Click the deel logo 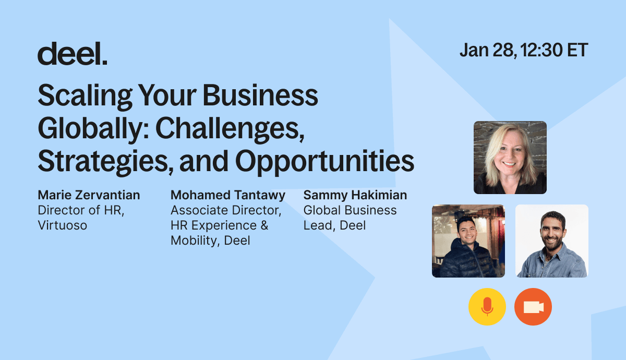[x=73, y=53]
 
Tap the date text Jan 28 [x=488, y=50]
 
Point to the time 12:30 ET [x=554, y=50]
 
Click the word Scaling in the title [x=85, y=97]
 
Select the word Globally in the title [x=93, y=129]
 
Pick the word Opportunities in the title [x=324, y=162]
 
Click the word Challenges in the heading [x=230, y=129]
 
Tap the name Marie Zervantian [x=89, y=195]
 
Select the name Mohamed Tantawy [x=228, y=195]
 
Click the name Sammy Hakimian [x=355, y=195]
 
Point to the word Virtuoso [x=63, y=225]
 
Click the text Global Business [x=350, y=210]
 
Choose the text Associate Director [x=226, y=210]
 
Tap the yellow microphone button [x=487, y=307]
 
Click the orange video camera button [x=533, y=307]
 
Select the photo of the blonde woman [x=510, y=158]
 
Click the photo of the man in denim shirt [x=552, y=241]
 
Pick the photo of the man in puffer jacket [x=468, y=241]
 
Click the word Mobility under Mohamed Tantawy [x=195, y=241]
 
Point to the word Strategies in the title [x=105, y=162]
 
